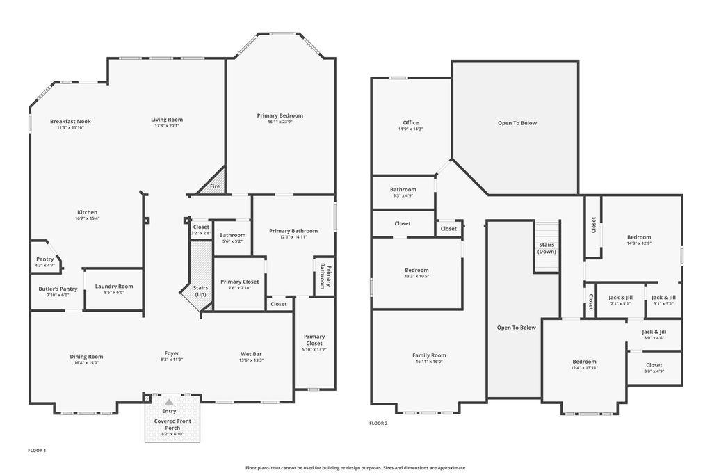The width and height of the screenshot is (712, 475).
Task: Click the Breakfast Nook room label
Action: click(x=70, y=121)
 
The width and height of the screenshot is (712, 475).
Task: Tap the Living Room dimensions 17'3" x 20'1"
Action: click(x=167, y=126)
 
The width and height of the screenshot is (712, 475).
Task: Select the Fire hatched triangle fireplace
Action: click(x=213, y=182)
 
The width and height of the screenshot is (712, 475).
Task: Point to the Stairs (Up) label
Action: click(x=200, y=291)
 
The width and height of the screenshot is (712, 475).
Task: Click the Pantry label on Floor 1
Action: click(x=45, y=259)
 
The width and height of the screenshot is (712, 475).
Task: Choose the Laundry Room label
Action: click(x=114, y=286)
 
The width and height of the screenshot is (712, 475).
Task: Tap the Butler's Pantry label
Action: click(x=58, y=289)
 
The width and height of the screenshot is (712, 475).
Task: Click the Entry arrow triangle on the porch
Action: click(x=169, y=402)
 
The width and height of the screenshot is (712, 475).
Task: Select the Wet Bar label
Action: click(x=251, y=354)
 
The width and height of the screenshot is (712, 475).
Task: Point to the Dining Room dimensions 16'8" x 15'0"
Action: click(x=86, y=363)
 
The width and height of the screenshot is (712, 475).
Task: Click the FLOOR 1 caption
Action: click(x=38, y=451)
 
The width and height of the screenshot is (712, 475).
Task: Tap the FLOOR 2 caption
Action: click(x=378, y=424)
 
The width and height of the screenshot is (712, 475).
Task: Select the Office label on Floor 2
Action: click(x=410, y=122)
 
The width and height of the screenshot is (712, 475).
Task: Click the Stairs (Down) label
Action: click(x=547, y=248)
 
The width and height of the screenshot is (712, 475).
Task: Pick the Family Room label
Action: click(x=429, y=355)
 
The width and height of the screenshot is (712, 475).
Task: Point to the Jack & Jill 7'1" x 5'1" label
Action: click(x=620, y=300)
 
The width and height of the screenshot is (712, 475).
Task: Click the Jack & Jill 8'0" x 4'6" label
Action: click(x=654, y=335)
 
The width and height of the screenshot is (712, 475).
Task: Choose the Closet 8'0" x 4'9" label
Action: click(x=654, y=368)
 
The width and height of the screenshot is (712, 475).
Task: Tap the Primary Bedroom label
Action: click(x=280, y=115)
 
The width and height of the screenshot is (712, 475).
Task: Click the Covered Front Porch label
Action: click(x=172, y=424)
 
